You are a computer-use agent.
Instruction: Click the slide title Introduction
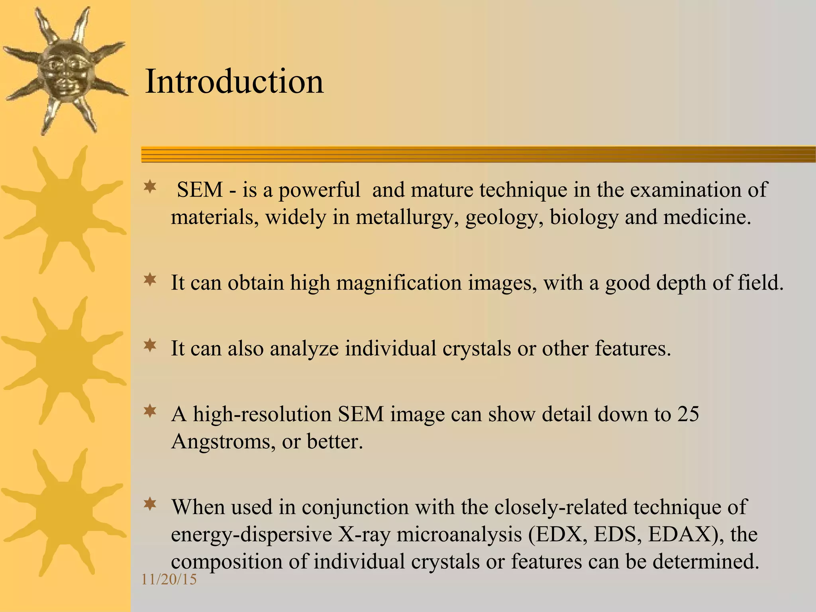pos(234,82)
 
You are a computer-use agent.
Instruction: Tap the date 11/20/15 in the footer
pos(169,579)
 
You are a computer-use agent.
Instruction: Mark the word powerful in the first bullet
pos(319,190)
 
